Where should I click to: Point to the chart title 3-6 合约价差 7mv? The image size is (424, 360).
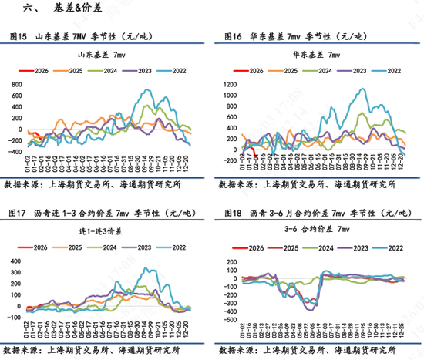[x=318, y=230]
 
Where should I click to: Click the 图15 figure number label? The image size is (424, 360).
[x=16, y=36]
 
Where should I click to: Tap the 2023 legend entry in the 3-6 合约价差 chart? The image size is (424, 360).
[x=357, y=247]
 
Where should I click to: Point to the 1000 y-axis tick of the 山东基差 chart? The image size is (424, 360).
[x=15, y=81]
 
